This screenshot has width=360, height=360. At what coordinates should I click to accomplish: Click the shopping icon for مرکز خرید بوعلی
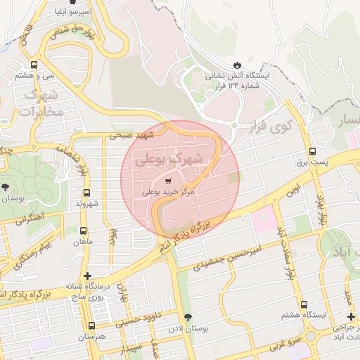pyautogui.click(x=166, y=180)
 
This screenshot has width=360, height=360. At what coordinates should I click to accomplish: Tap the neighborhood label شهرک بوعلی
pyautogui.click(x=171, y=160)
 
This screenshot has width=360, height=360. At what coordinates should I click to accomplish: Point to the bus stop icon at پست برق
pyautogui.click(x=312, y=151)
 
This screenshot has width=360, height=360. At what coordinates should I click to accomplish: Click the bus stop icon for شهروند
pyautogui.click(x=87, y=193)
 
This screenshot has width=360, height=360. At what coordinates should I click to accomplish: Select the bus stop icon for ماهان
pyautogui.click(x=84, y=231)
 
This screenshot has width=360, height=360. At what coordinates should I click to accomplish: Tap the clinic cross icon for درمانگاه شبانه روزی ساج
pyautogui.click(x=87, y=276)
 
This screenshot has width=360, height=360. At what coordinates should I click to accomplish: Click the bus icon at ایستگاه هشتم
pyautogui.click(x=304, y=305)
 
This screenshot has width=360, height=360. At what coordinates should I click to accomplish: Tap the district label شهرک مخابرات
pyautogui.click(x=43, y=103)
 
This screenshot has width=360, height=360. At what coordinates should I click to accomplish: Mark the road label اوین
pyautogui.click(x=292, y=189)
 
